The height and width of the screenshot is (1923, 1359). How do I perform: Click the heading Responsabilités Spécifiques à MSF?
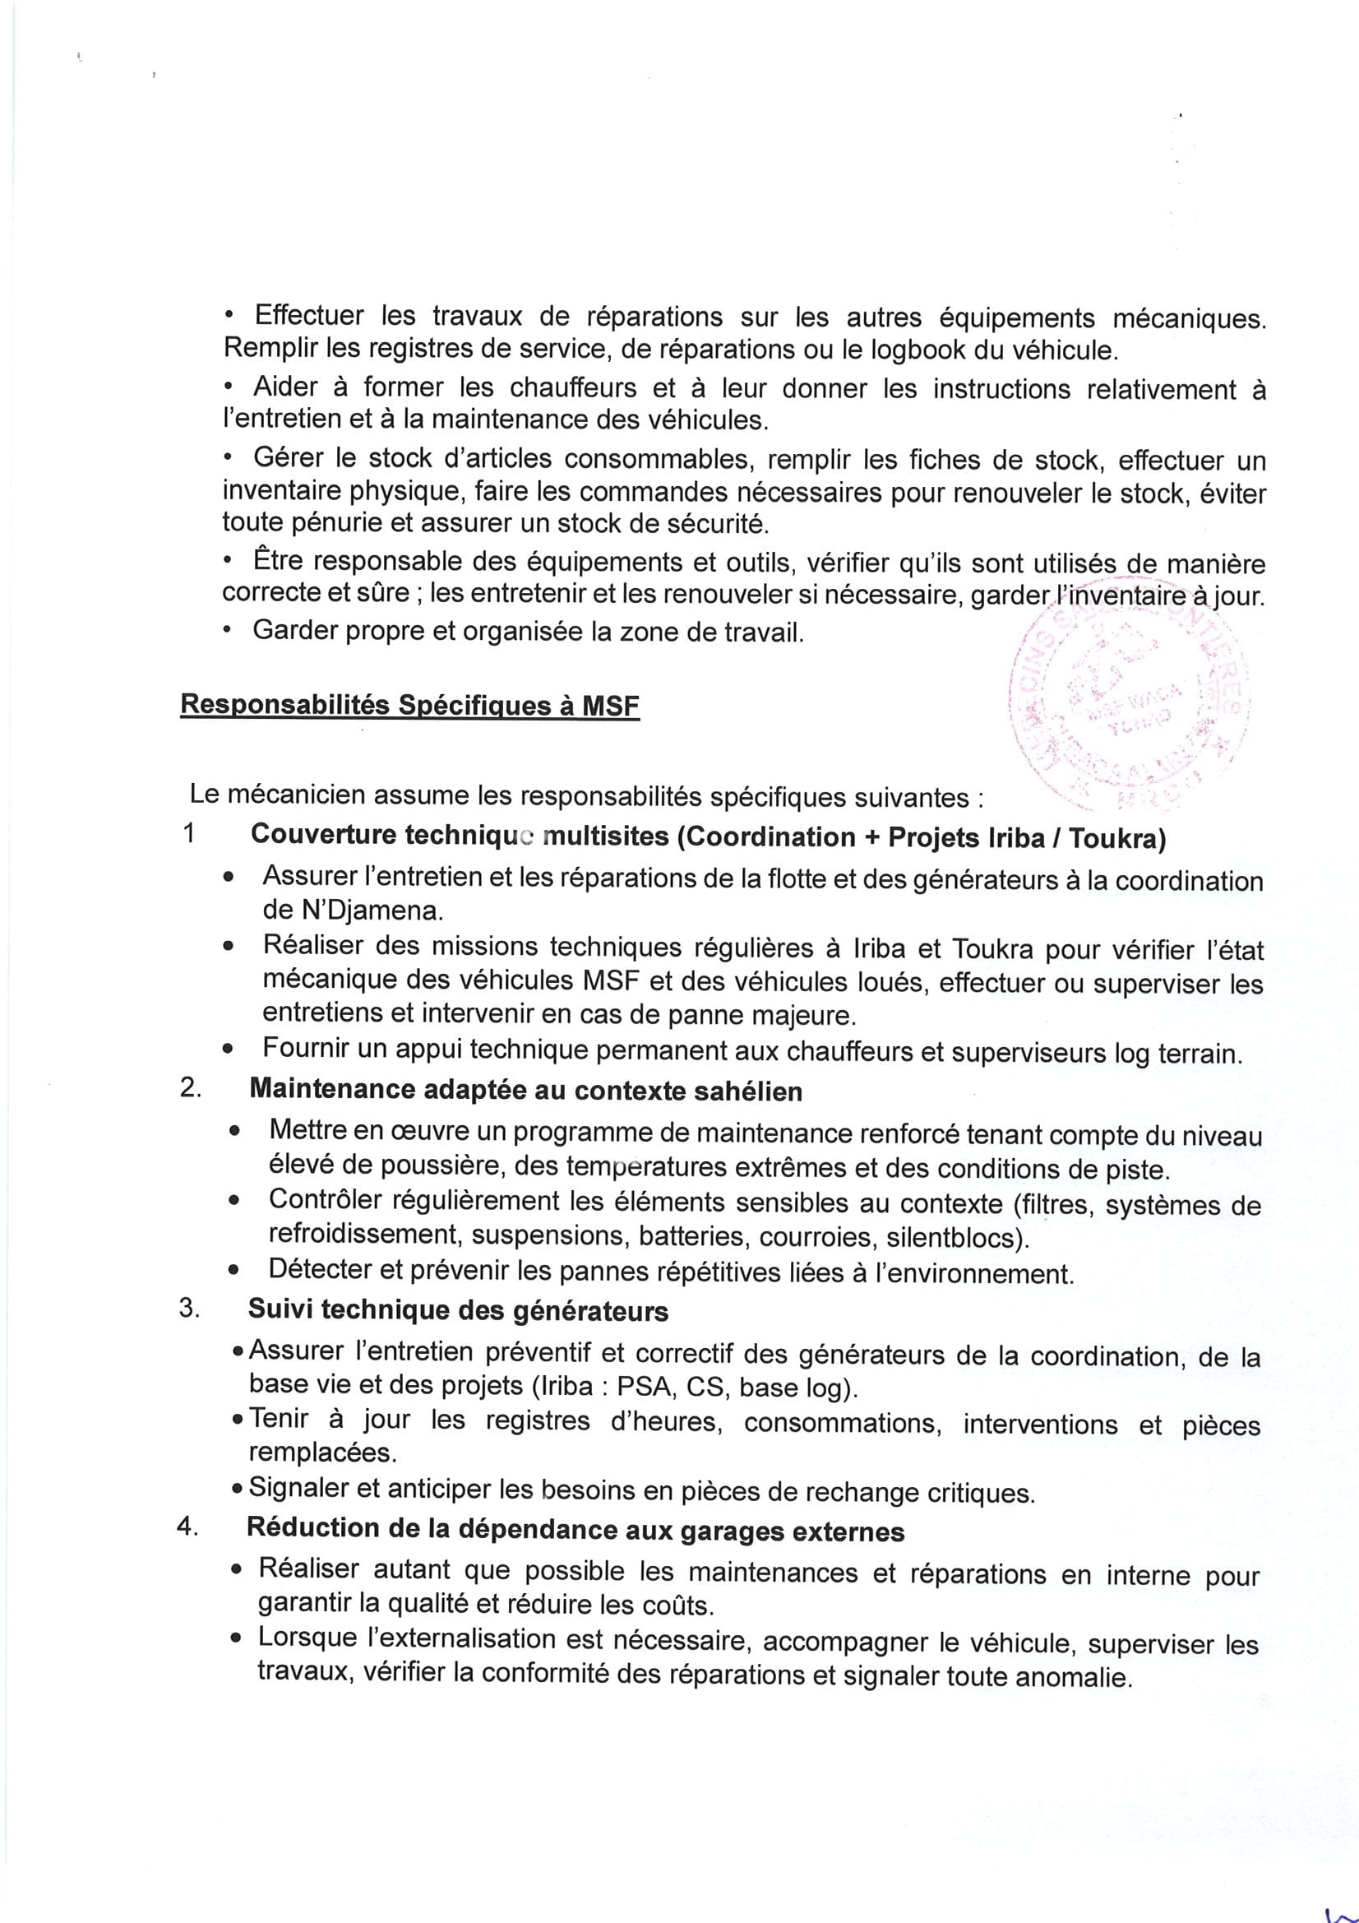(409, 705)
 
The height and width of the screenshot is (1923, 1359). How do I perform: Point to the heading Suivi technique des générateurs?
(458, 1311)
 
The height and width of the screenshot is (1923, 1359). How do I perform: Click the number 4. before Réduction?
(187, 1527)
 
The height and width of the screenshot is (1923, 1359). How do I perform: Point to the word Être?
(276, 560)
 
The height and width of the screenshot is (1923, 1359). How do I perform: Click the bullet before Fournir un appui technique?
(228, 1050)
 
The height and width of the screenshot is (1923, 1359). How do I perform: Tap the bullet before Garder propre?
(227, 633)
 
